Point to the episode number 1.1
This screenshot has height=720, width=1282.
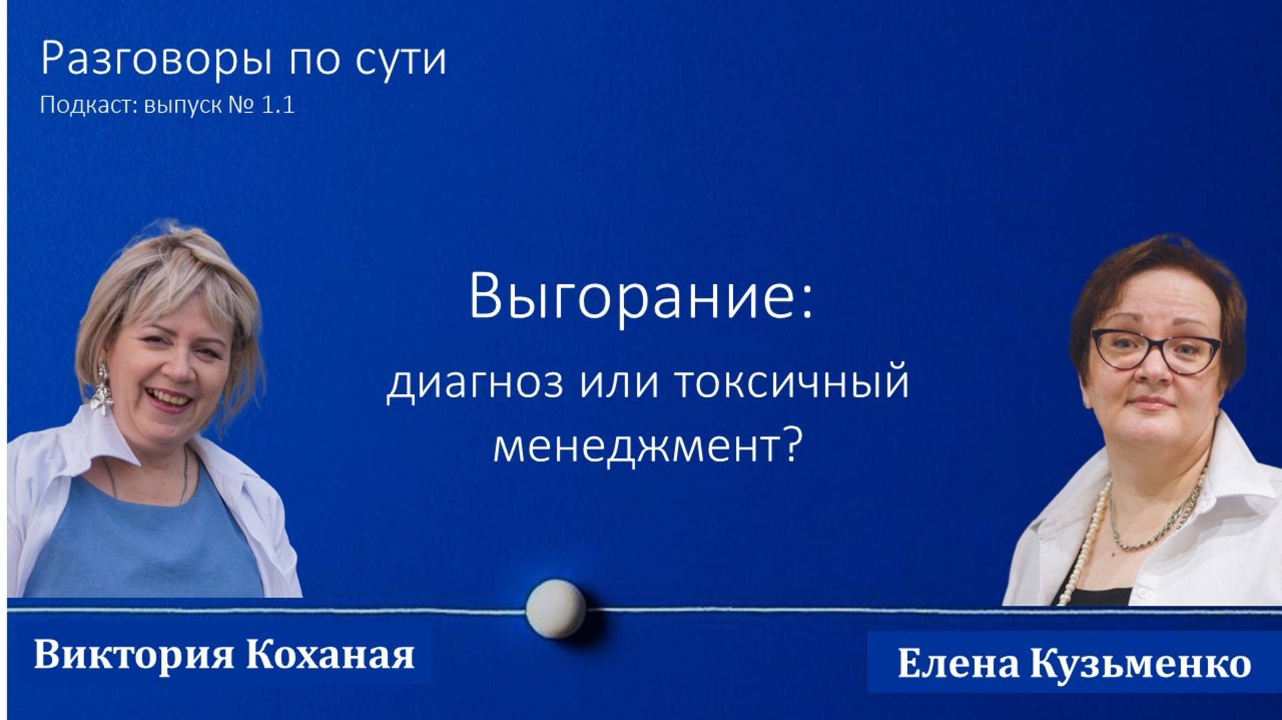278,106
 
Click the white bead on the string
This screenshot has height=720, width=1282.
556,608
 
